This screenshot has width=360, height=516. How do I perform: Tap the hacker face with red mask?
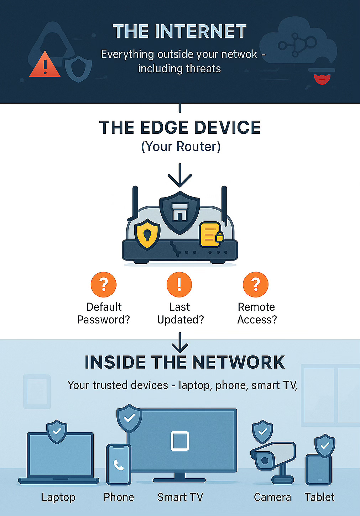click(x=322, y=78)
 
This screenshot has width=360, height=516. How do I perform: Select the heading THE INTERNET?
click(x=179, y=31)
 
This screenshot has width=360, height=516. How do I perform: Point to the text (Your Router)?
click(x=181, y=147)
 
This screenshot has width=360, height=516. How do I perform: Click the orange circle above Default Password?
click(x=104, y=285)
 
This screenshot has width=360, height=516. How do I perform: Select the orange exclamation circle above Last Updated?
click(x=179, y=285)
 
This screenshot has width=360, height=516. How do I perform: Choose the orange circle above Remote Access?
click(x=255, y=285)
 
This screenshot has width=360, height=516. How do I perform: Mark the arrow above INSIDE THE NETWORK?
click(x=180, y=342)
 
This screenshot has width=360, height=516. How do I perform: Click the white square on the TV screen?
click(x=180, y=441)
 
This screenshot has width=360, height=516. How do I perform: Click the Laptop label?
click(x=58, y=497)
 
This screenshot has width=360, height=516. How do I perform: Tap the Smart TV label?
click(x=180, y=497)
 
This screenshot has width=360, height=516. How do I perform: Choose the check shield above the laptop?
click(x=57, y=431)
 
